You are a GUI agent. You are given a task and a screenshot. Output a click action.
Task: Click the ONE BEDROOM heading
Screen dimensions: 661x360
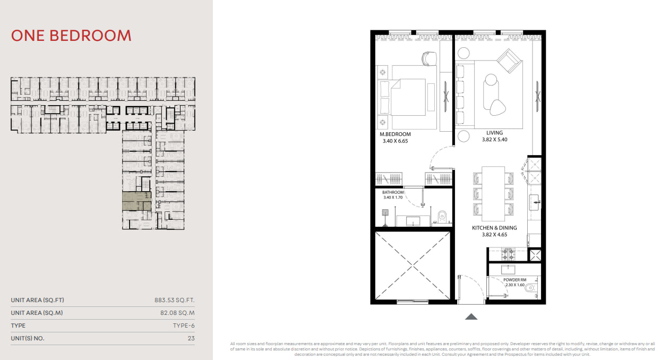tap(71, 36)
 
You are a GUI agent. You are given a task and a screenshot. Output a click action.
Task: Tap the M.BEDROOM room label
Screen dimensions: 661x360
tap(395, 134)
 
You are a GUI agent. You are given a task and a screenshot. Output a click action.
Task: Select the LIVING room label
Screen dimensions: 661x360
tap(495, 133)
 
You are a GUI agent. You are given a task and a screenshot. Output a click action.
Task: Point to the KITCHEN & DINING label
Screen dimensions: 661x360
tap(494, 228)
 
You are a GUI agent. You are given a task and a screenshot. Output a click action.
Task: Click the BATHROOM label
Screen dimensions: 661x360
tap(393, 192)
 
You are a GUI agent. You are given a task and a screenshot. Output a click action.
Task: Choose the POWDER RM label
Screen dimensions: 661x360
tap(514, 280)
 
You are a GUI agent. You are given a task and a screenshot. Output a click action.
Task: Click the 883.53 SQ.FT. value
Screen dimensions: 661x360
tap(174, 300)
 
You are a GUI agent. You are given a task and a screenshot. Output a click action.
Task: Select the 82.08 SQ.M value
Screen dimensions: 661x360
tap(177, 313)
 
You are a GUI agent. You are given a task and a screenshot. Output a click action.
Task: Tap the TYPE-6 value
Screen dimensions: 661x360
tap(184, 325)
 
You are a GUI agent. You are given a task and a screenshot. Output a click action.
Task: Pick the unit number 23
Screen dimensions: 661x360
tap(191, 338)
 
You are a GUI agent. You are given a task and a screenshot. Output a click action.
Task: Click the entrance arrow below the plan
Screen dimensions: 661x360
tap(471, 316)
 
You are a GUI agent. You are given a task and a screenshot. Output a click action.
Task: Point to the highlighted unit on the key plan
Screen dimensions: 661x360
tap(136, 201)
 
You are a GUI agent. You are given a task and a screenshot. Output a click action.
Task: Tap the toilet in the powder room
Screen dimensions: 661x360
tap(530, 287)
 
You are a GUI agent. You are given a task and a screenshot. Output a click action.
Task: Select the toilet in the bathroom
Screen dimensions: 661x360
tap(442, 217)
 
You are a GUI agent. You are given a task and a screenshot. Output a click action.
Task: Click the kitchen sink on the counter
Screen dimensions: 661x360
tap(534, 202)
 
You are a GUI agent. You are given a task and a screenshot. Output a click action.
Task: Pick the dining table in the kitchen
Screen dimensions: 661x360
tap(493, 194)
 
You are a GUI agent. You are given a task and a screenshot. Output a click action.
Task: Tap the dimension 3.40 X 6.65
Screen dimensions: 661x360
tap(395, 141)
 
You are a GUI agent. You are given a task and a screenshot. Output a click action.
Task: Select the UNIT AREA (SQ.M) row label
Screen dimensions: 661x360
tap(37, 313)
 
